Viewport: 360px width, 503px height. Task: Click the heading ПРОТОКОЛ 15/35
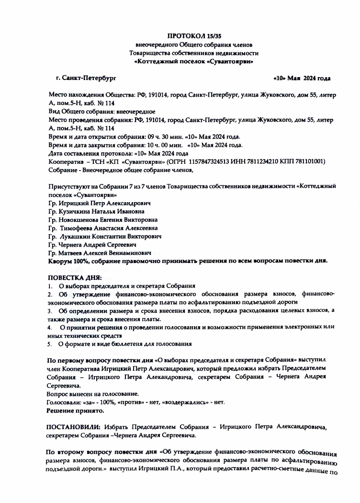click(x=194, y=36)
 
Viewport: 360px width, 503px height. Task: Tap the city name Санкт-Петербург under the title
click(x=89, y=77)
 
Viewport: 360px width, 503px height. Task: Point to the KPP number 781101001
click(x=308, y=161)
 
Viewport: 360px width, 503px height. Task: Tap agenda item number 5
click(x=49, y=344)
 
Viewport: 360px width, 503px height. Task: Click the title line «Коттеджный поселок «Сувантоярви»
click(x=194, y=61)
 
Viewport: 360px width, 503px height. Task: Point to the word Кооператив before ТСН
click(x=66, y=161)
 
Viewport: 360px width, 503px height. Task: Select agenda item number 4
click(x=49, y=327)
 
